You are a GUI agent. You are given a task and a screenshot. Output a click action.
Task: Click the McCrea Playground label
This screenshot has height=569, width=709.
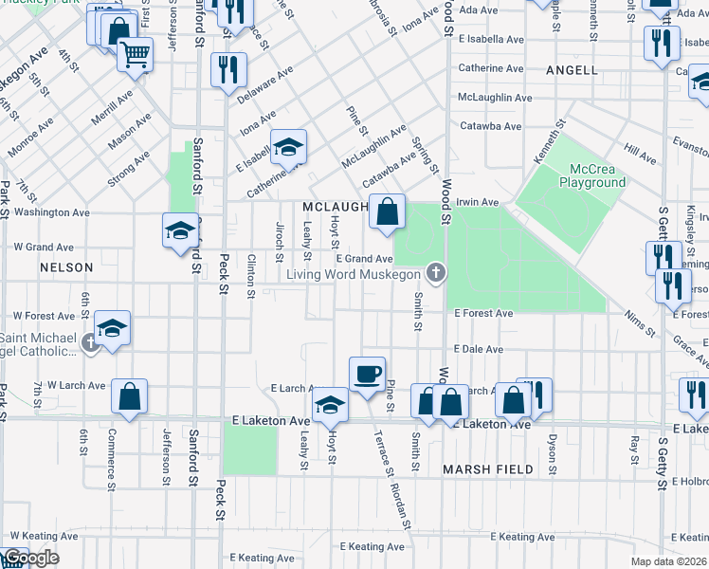pos(591,174)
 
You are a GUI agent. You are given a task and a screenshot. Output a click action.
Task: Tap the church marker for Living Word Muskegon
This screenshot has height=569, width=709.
pos(435,274)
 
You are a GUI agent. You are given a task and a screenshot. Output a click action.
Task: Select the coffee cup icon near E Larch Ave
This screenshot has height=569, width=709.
pos(367,374)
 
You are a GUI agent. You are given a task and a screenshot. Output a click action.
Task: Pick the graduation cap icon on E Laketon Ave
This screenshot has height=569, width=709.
pos(330,405)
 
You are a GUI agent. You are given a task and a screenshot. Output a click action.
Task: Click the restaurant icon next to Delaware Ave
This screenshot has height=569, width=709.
pos(228,69)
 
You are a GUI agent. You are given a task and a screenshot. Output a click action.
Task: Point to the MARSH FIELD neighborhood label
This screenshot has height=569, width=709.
pos(488,469)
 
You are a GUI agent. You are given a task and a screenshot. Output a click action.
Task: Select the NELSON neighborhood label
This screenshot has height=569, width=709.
pos(66,268)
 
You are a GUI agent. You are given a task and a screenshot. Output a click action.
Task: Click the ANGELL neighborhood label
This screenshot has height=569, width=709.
pos(572,70)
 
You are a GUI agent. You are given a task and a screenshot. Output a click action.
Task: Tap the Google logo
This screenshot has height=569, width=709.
pos(30,559)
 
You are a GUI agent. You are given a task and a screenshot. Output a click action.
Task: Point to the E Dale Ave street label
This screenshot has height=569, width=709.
pos(478,349)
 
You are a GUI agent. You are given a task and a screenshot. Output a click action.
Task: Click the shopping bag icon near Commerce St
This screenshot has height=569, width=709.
pos(129,397)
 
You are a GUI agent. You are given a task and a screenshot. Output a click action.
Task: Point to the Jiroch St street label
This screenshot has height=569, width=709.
pos(279,241)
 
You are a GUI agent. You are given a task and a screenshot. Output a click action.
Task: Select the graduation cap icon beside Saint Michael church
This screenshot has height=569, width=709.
pos(112,328)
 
